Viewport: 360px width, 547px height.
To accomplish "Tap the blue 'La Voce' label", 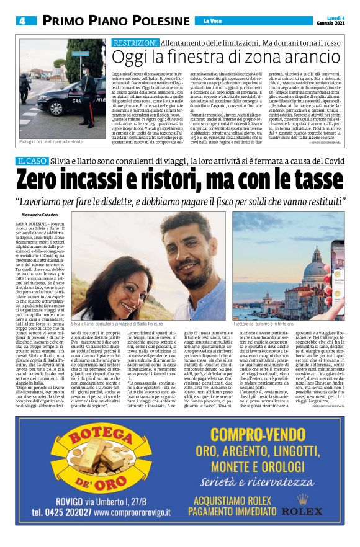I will point(212,21).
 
